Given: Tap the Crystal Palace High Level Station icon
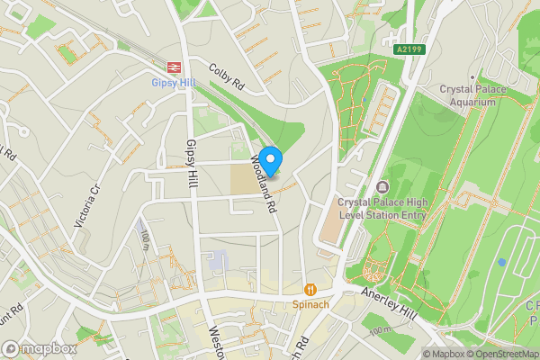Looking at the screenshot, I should [x=383, y=187].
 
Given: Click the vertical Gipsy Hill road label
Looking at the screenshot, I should [x=191, y=162].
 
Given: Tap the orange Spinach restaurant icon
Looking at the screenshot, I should [x=310, y=290].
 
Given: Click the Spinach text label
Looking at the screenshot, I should [x=310, y=305].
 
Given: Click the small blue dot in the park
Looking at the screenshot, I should [x=502, y=262].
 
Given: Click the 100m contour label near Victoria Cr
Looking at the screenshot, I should [x=145, y=239].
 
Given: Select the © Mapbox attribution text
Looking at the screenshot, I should [x=445, y=354].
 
